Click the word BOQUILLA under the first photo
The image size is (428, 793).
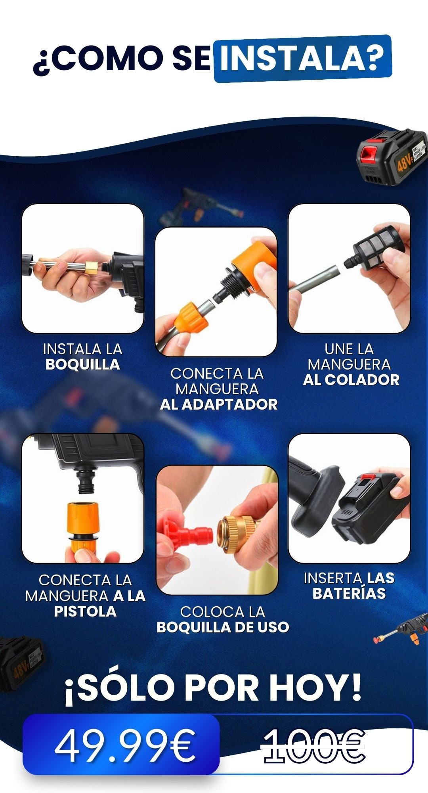82,364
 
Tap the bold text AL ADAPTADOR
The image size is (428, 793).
219,404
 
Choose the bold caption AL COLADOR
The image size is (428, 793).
351,380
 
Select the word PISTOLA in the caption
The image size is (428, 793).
85,611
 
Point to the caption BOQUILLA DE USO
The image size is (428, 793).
223,627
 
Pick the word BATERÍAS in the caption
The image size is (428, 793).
349,594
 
